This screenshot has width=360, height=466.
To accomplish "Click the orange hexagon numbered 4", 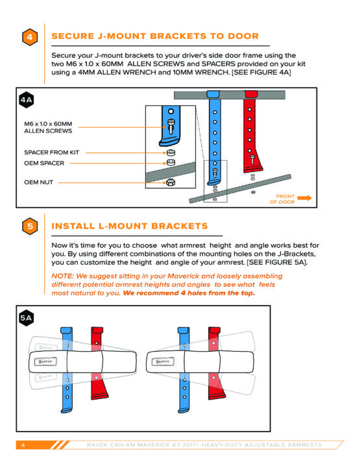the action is [30, 37].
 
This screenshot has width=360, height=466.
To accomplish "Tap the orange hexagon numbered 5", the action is [30, 226].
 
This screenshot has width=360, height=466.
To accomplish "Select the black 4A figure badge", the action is [26, 100].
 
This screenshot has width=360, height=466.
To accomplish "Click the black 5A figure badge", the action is [26, 318].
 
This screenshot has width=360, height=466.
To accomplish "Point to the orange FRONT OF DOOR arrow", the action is [304, 198].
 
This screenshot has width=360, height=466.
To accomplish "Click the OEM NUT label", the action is [39, 182].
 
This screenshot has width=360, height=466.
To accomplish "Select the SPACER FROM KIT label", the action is [52, 153].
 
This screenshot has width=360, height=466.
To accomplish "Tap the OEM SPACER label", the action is [44, 163].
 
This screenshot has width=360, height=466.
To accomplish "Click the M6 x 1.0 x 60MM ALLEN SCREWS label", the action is [48, 127].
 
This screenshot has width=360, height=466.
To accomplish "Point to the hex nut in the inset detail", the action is [171, 182].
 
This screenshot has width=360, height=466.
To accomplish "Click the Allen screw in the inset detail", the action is [171, 127].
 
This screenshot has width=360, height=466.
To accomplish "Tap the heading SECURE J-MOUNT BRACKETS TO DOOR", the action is [155, 36].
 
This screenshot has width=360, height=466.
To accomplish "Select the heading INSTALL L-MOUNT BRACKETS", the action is [130, 226].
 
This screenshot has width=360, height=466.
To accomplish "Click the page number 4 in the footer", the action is [23, 445].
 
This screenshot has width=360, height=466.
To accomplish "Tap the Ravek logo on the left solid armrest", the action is [45, 362].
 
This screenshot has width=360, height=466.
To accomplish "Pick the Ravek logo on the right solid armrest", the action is [163, 362].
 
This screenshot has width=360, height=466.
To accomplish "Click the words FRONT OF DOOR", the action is [282, 199].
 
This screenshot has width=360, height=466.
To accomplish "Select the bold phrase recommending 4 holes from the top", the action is [189, 293].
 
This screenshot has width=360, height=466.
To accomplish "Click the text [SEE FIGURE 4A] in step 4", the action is [261, 72].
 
